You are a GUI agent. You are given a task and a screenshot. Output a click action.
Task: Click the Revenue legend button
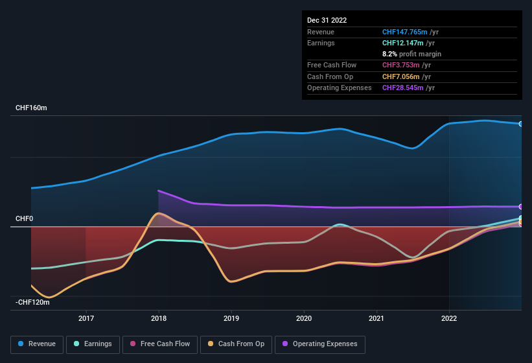[37, 344]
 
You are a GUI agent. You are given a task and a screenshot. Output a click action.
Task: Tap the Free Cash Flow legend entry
[159, 344]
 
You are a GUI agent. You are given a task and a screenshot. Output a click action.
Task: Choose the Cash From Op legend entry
[236, 344]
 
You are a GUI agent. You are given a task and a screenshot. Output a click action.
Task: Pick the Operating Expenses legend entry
[320, 344]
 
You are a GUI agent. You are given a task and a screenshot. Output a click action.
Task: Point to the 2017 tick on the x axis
[86, 318]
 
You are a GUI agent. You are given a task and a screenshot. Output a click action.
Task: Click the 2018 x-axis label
[159, 318]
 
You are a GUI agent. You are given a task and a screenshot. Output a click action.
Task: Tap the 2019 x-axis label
[231, 318]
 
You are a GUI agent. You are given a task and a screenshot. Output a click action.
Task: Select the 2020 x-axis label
[304, 318]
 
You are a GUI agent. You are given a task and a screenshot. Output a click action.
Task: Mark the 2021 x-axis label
[376, 318]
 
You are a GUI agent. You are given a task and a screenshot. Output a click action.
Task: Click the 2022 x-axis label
[449, 318]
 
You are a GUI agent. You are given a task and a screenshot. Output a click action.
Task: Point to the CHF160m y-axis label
[31, 108]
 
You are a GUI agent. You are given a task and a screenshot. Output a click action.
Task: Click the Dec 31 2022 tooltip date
[327, 20]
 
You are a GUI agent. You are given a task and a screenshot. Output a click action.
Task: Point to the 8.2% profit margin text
[411, 54]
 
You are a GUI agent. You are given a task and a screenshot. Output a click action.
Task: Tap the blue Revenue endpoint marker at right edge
[521, 124]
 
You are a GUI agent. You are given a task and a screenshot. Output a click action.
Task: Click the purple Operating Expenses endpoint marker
[521, 207]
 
